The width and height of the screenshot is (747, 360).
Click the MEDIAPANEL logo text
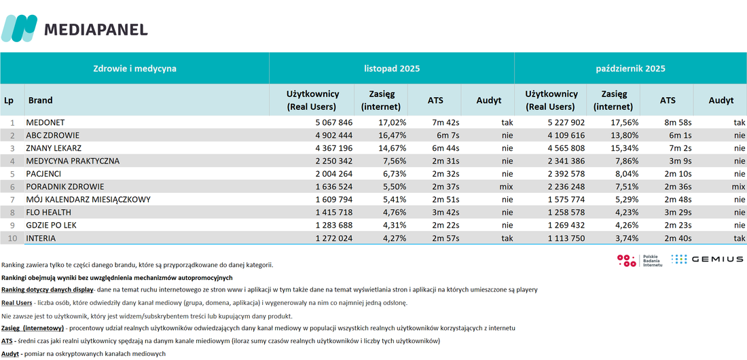point(96,29)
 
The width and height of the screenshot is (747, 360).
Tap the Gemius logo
point(707,259)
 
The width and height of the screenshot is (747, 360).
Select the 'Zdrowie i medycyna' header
point(135,69)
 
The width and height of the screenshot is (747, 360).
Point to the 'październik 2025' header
point(630,69)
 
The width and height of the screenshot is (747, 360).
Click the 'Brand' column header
point(41,100)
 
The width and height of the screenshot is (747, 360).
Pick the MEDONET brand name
point(45,122)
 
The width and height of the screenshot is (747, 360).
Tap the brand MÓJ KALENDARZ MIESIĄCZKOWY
point(88,199)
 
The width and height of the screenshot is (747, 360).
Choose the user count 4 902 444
point(334,135)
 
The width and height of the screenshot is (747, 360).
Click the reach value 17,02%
point(393,122)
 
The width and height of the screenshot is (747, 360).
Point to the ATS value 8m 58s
point(677,122)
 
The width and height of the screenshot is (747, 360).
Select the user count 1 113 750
point(566,238)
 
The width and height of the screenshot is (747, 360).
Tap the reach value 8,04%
point(625,174)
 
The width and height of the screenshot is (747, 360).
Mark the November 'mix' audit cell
point(506,186)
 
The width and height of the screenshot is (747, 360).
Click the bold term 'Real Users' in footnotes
point(17,303)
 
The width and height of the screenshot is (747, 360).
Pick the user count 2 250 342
point(334,161)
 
